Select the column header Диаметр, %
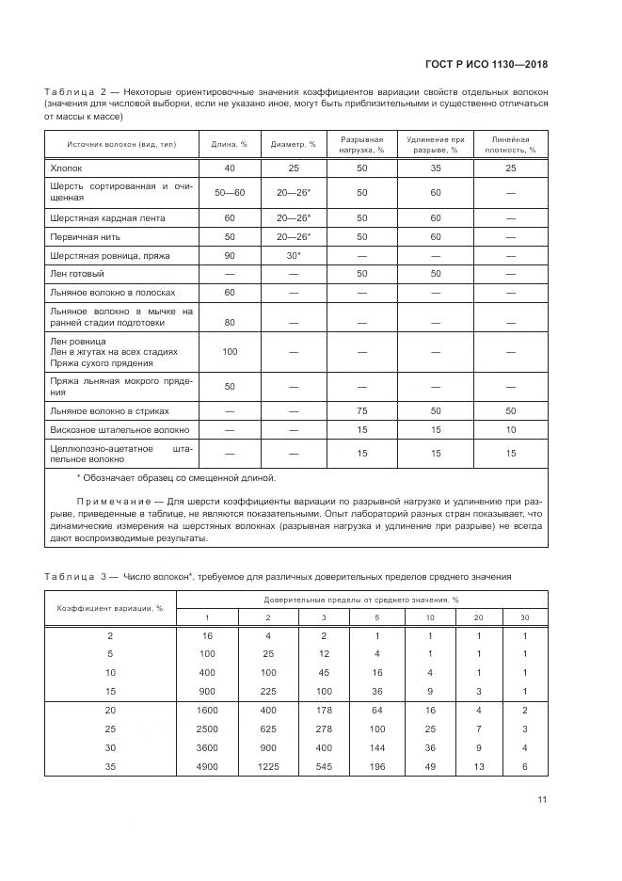coord(293,144)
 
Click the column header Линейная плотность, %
coord(511,144)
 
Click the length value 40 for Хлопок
coord(229,168)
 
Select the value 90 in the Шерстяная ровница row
coord(229,255)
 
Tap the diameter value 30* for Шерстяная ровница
coord(293,255)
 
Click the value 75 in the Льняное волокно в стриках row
coord(361,411)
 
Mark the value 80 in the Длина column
coord(229,322)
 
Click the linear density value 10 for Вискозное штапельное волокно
coord(511,429)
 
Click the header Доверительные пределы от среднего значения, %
coord(361,599)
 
